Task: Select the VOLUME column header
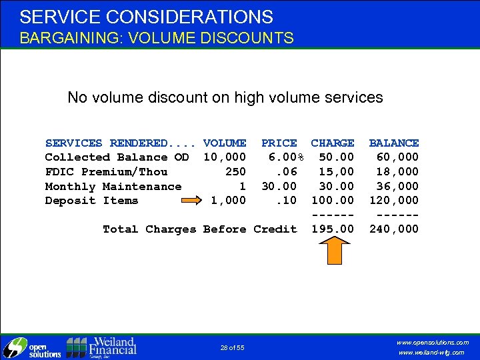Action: click(x=225, y=143)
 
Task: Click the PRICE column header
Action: click(x=279, y=143)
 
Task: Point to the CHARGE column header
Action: click(x=333, y=143)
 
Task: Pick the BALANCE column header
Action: click(x=394, y=143)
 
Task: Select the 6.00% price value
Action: click(x=286, y=157)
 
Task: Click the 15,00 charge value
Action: click(x=336, y=172)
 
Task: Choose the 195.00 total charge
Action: click(x=333, y=229)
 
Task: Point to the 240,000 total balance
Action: click(x=394, y=229)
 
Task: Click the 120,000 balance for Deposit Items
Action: click(x=394, y=201)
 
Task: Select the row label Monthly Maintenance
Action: click(x=113, y=187)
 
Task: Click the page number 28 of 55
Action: click(x=232, y=348)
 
